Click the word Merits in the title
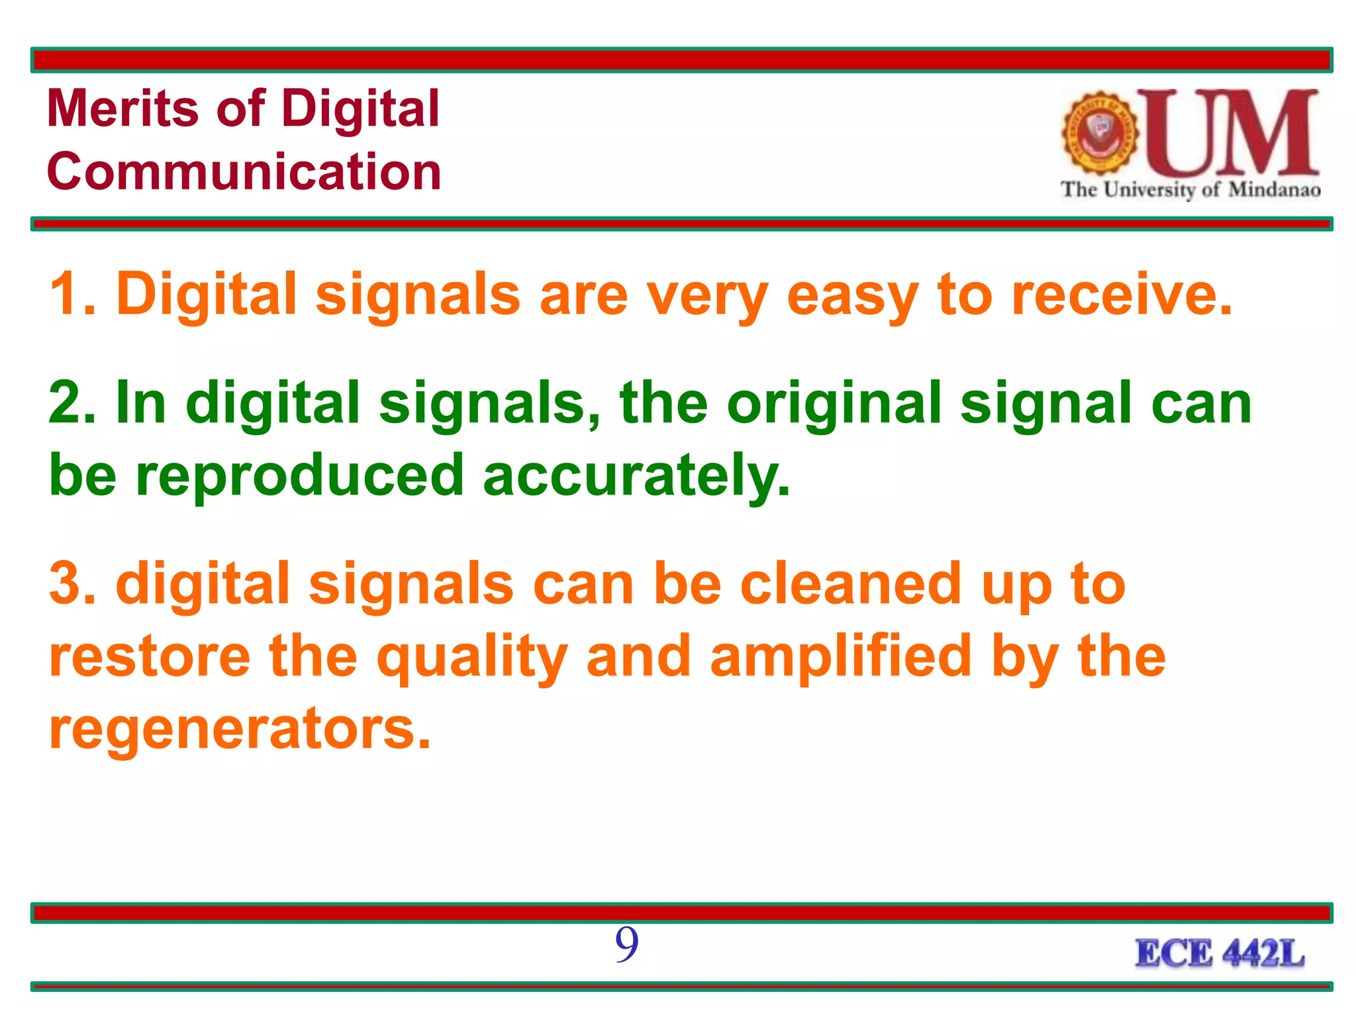tap(122, 109)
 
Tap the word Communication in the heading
tap(244, 171)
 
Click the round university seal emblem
tap(1100, 132)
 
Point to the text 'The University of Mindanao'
tap(1190, 190)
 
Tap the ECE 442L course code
tap(1220, 954)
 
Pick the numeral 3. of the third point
tap(73, 583)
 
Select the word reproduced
tap(299, 475)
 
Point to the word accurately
tap(636, 475)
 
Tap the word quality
tap(472, 657)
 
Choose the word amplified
tap(840, 656)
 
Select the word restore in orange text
tap(150, 656)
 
